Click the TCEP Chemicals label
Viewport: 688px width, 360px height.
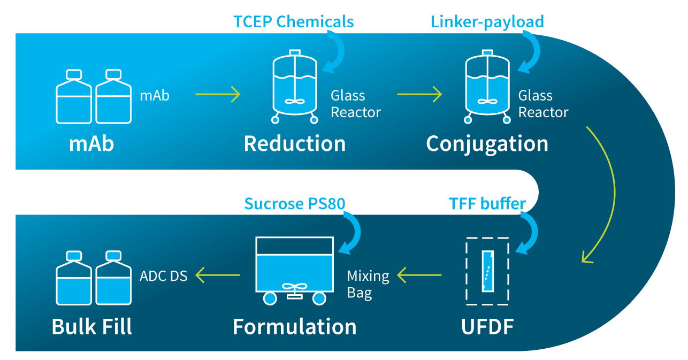click(294, 21)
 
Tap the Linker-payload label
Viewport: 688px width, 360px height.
click(487, 22)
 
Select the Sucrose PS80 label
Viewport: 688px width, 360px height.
click(295, 204)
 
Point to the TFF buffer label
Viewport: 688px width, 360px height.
click(487, 204)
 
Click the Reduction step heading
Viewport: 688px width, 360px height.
click(295, 143)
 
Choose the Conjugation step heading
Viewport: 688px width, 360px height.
click(487, 144)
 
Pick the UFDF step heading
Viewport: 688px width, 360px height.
click(487, 326)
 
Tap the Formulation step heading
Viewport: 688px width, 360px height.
click(295, 326)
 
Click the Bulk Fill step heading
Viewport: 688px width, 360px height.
click(92, 326)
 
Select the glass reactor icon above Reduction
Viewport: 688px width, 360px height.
click(295, 87)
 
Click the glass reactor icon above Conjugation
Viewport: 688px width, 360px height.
click(487, 87)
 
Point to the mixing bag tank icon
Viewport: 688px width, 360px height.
click(295, 271)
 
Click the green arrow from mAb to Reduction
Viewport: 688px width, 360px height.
click(218, 94)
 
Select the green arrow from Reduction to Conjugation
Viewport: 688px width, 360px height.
click(419, 94)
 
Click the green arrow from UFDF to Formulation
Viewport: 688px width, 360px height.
click(419, 275)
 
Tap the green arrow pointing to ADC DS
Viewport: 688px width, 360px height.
click(217, 275)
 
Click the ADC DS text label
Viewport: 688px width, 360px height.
click(163, 276)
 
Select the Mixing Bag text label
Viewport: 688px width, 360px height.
click(368, 285)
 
